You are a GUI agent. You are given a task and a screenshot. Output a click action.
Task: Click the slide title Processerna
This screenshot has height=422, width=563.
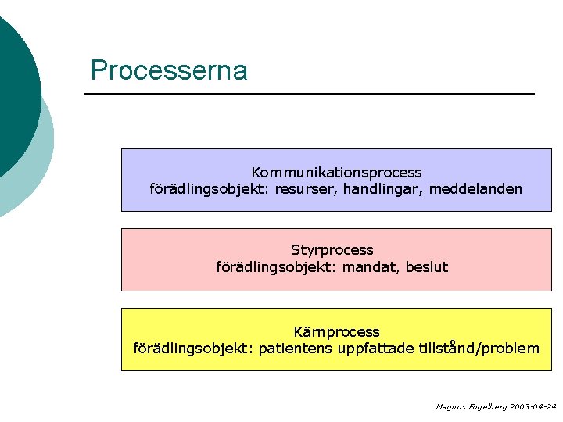169,70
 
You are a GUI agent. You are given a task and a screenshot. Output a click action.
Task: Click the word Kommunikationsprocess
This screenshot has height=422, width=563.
336,172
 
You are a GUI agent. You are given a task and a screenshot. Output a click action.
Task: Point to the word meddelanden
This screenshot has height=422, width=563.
475,189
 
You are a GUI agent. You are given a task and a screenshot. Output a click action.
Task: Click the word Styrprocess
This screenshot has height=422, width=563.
332,250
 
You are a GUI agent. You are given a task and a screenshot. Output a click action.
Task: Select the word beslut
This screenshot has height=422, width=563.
427,267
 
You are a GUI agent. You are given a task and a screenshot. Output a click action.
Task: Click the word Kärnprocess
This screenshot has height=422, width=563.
336,332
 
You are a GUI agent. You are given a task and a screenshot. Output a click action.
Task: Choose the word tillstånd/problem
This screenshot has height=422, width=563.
479,349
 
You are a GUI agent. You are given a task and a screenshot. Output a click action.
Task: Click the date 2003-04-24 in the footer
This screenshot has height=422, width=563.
533,407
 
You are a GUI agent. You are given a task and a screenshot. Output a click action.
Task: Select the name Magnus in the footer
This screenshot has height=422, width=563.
450,407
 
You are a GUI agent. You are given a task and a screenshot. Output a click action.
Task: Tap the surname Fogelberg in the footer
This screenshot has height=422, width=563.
486,407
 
